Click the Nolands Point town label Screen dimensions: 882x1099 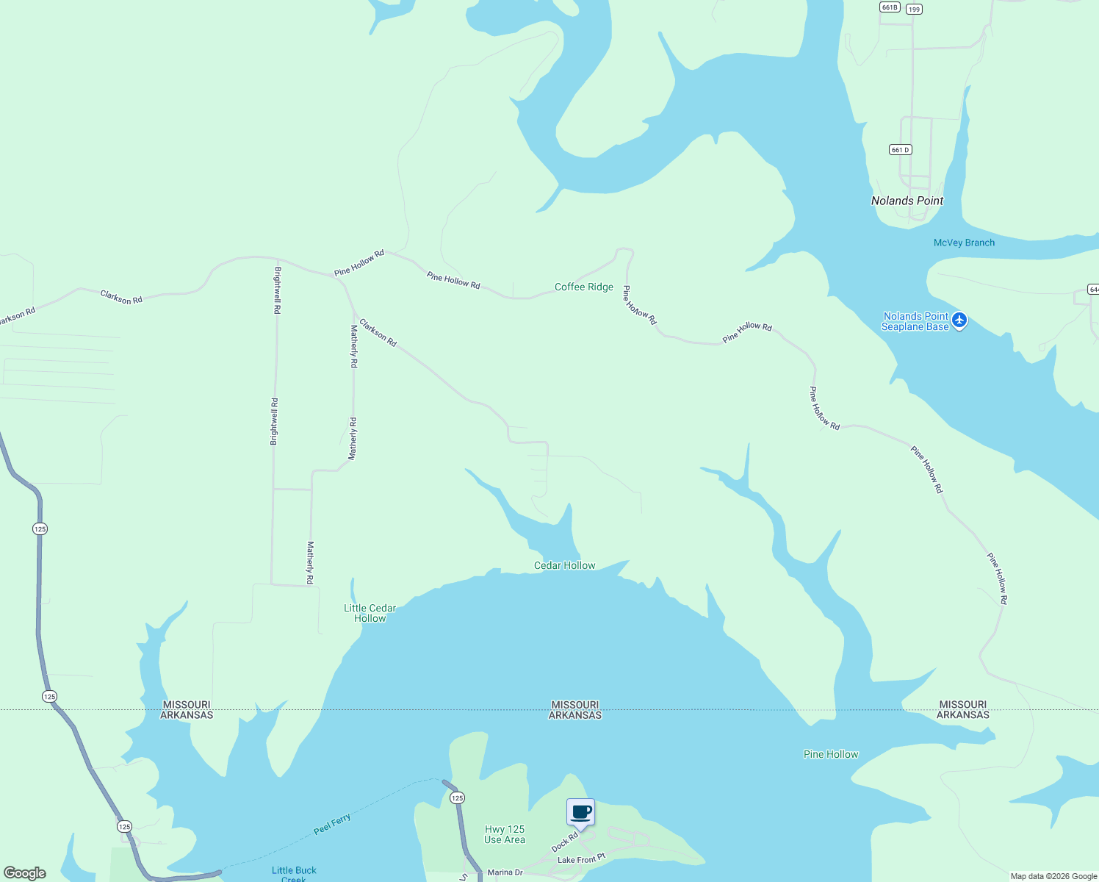907,201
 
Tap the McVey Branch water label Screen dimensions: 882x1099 964,243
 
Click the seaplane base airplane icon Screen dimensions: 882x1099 959,320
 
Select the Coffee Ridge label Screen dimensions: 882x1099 583,287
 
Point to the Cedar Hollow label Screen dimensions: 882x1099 564,565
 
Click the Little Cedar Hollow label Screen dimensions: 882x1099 370,613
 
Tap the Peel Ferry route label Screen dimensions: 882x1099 332,824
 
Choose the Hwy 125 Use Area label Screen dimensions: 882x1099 505,834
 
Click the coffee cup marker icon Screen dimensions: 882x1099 580,812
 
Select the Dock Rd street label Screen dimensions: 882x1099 565,842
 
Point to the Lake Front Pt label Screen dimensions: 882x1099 581,859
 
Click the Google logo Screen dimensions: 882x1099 25,872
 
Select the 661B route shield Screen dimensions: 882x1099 889,7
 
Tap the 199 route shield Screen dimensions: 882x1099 913,9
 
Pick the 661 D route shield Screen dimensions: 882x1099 900,149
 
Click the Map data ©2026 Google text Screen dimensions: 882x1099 1053,876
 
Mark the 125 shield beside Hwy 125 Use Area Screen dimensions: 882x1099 457,797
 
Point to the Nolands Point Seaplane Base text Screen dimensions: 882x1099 915,321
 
